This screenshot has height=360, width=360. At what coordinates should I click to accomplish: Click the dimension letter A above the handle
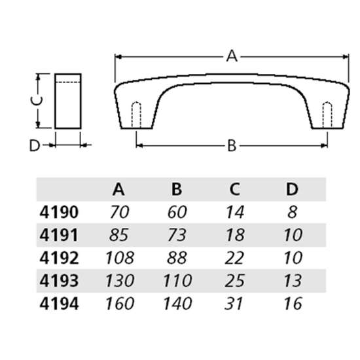point(231,56)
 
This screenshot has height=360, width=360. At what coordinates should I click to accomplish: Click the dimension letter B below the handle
point(231,145)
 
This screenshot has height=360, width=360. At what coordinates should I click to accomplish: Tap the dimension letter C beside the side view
point(37,100)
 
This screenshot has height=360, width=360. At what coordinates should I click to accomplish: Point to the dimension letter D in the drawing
point(35,145)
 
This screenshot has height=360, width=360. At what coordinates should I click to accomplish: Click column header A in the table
point(118,190)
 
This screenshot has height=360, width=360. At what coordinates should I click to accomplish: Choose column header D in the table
point(292,190)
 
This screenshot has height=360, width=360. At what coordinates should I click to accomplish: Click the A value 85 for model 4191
point(119,234)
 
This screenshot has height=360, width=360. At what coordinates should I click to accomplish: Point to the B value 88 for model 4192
point(176,257)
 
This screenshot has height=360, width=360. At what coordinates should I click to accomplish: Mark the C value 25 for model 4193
point(234,280)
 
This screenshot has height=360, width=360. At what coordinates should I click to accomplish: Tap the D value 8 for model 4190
point(292,212)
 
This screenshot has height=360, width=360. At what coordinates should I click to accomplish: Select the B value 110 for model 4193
point(176,280)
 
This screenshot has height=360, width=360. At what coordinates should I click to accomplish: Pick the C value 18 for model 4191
point(234,234)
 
